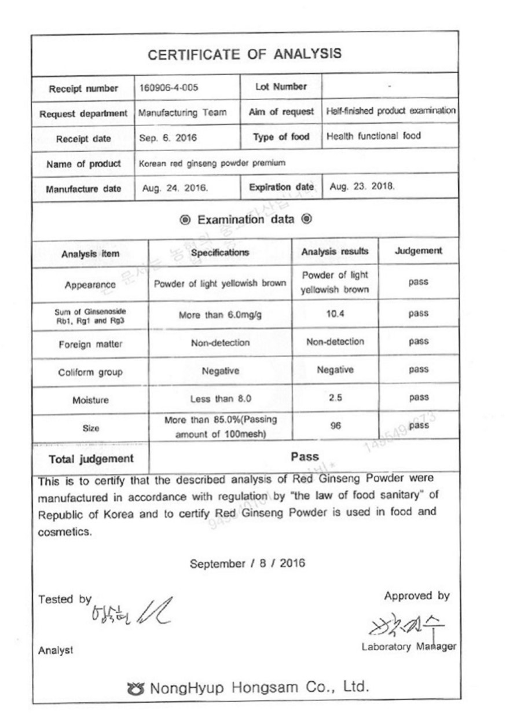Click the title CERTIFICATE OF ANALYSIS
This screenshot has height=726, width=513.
244,54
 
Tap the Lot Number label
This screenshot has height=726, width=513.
281,87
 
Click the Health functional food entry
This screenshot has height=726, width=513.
373,137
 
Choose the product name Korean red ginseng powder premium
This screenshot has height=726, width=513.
212,163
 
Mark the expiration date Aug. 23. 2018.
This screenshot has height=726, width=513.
362,188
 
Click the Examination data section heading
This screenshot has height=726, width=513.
246,220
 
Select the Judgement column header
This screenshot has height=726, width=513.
418,251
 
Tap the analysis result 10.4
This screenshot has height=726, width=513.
335,313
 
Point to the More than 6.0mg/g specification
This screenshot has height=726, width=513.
220,314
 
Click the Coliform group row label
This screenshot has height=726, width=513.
90,372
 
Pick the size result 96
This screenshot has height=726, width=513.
335,426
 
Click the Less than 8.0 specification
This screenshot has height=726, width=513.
220,399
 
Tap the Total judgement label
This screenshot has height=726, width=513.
90,459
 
